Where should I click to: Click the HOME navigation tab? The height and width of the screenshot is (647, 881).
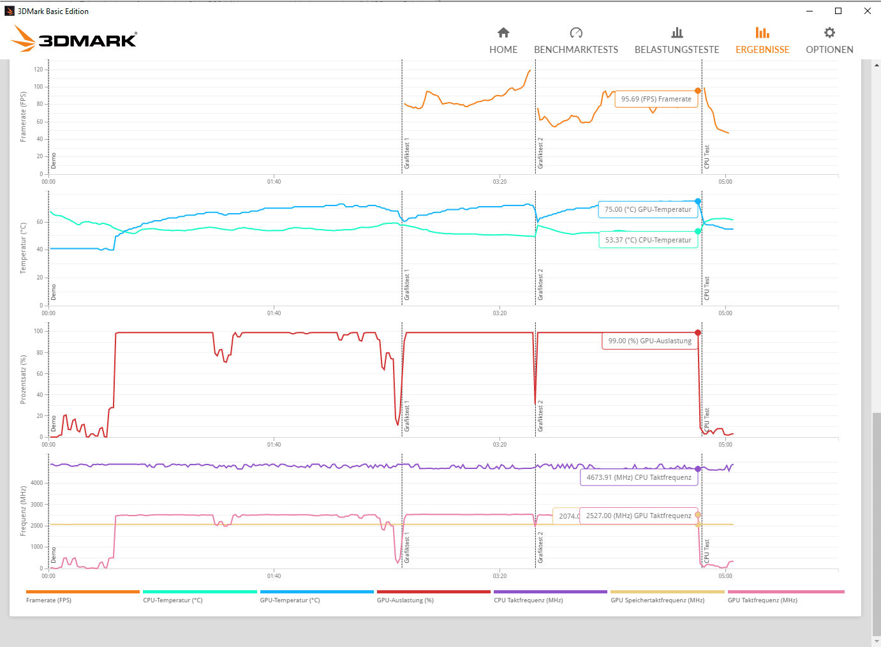[x=503, y=41]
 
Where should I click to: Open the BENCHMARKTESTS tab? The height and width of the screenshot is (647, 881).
[x=575, y=41]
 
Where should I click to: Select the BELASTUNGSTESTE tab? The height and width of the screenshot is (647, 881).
[x=676, y=41]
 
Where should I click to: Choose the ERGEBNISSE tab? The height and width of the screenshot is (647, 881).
[x=762, y=41]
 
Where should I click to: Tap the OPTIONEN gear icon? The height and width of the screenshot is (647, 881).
[x=829, y=33]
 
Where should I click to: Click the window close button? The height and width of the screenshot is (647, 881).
[x=867, y=11]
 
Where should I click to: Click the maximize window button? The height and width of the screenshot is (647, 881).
[x=838, y=11]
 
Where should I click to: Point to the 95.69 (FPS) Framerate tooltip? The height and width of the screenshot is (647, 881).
[x=656, y=99]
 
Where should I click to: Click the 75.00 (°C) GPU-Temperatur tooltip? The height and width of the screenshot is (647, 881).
[x=648, y=209]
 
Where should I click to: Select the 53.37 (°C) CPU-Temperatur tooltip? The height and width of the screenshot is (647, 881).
[x=648, y=240]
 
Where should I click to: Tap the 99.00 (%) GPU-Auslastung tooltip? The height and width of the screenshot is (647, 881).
[x=649, y=341]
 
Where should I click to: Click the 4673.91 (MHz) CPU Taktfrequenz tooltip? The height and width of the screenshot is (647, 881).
[x=639, y=477]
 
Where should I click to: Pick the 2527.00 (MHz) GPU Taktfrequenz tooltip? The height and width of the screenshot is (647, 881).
[x=638, y=516]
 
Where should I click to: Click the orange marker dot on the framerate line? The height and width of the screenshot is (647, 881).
[x=698, y=91]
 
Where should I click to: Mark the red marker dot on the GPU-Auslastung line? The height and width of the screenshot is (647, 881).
[x=698, y=333]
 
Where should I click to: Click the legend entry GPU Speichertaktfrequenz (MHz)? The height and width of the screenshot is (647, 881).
[x=657, y=600]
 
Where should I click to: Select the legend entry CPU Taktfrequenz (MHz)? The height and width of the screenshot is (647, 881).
[x=528, y=600]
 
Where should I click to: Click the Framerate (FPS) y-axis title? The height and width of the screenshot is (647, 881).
[x=23, y=117]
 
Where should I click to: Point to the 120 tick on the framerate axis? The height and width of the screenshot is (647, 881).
[x=38, y=70]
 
